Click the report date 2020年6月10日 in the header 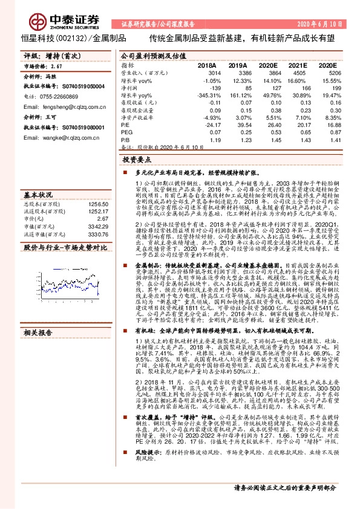coord(324,24)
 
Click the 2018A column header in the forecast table coord(208,64)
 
